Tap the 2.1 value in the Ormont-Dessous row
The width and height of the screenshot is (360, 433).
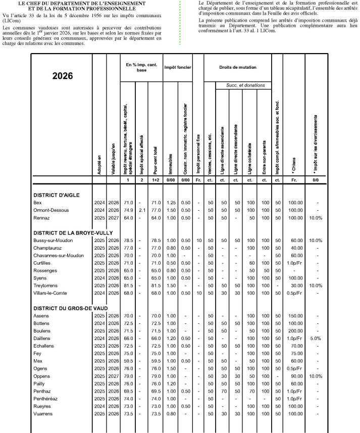141,210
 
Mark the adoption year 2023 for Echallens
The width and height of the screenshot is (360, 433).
99,346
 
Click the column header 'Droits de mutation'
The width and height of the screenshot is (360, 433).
237,67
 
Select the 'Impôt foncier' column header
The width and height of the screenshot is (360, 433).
177,67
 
